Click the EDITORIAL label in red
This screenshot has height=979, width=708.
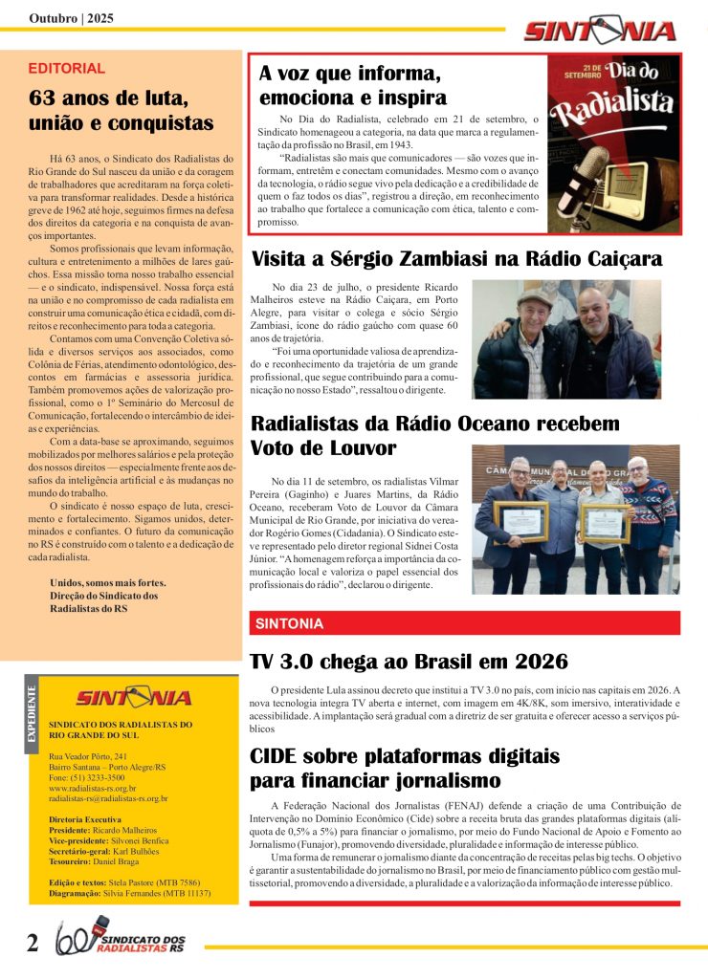(x=67, y=69)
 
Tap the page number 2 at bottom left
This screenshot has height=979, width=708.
(x=33, y=944)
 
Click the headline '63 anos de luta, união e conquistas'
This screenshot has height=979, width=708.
(x=122, y=110)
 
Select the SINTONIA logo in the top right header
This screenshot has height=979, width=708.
(x=599, y=31)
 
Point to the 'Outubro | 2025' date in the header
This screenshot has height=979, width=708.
(x=71, y=18)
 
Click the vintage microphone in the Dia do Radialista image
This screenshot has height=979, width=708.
(x=590, y=182)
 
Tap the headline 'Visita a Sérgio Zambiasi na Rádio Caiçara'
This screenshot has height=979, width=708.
(x=456, y=258)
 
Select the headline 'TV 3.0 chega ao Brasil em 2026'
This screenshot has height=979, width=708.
(x=409, y=661)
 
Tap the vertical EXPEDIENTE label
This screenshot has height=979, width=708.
(x=32, y=713)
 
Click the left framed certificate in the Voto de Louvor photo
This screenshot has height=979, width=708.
(x=520, y=522)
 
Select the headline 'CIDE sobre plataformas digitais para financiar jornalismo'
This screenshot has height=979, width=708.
(x=404, y=768)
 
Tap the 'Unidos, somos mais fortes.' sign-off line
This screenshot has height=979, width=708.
(x=107, y=582)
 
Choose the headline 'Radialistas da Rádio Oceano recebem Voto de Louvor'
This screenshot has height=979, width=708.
(x=434, y=435)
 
